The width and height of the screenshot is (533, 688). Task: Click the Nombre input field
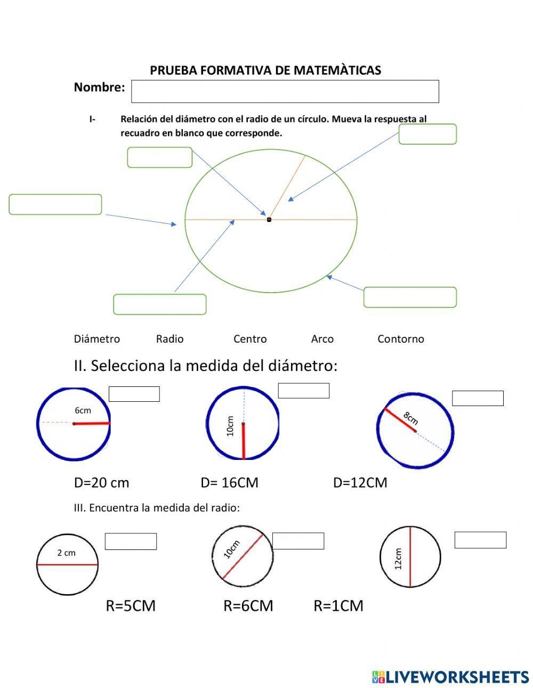pos(285,91)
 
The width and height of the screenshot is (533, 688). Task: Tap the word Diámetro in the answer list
pos(97,339)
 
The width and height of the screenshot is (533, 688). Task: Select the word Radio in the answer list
pos(169,339)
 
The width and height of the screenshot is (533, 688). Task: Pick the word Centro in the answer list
pos(250,339)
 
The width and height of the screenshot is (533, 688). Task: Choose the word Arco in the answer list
pos(322,339)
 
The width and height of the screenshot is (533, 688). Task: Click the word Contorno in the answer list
pos(401,339)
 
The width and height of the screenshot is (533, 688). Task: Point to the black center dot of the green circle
pos(269,219)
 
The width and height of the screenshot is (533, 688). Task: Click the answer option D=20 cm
pos(101,483)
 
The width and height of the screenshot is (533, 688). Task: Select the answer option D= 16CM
pos(229,483)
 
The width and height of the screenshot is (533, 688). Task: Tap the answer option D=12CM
pos(360,483)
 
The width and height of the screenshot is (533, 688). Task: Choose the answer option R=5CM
pos(131,606)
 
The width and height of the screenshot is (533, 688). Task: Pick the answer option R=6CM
pos(248,606)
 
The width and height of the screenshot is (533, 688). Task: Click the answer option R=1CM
pos(338,606)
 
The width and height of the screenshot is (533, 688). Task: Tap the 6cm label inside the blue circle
pos(83,410)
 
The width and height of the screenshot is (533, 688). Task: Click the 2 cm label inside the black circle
pos(67,553)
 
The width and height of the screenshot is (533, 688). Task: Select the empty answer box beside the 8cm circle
pos(478,398)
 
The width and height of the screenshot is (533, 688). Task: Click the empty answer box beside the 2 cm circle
pos(131,541)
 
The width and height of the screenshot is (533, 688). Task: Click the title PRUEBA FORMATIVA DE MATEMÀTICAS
pos(265,70)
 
